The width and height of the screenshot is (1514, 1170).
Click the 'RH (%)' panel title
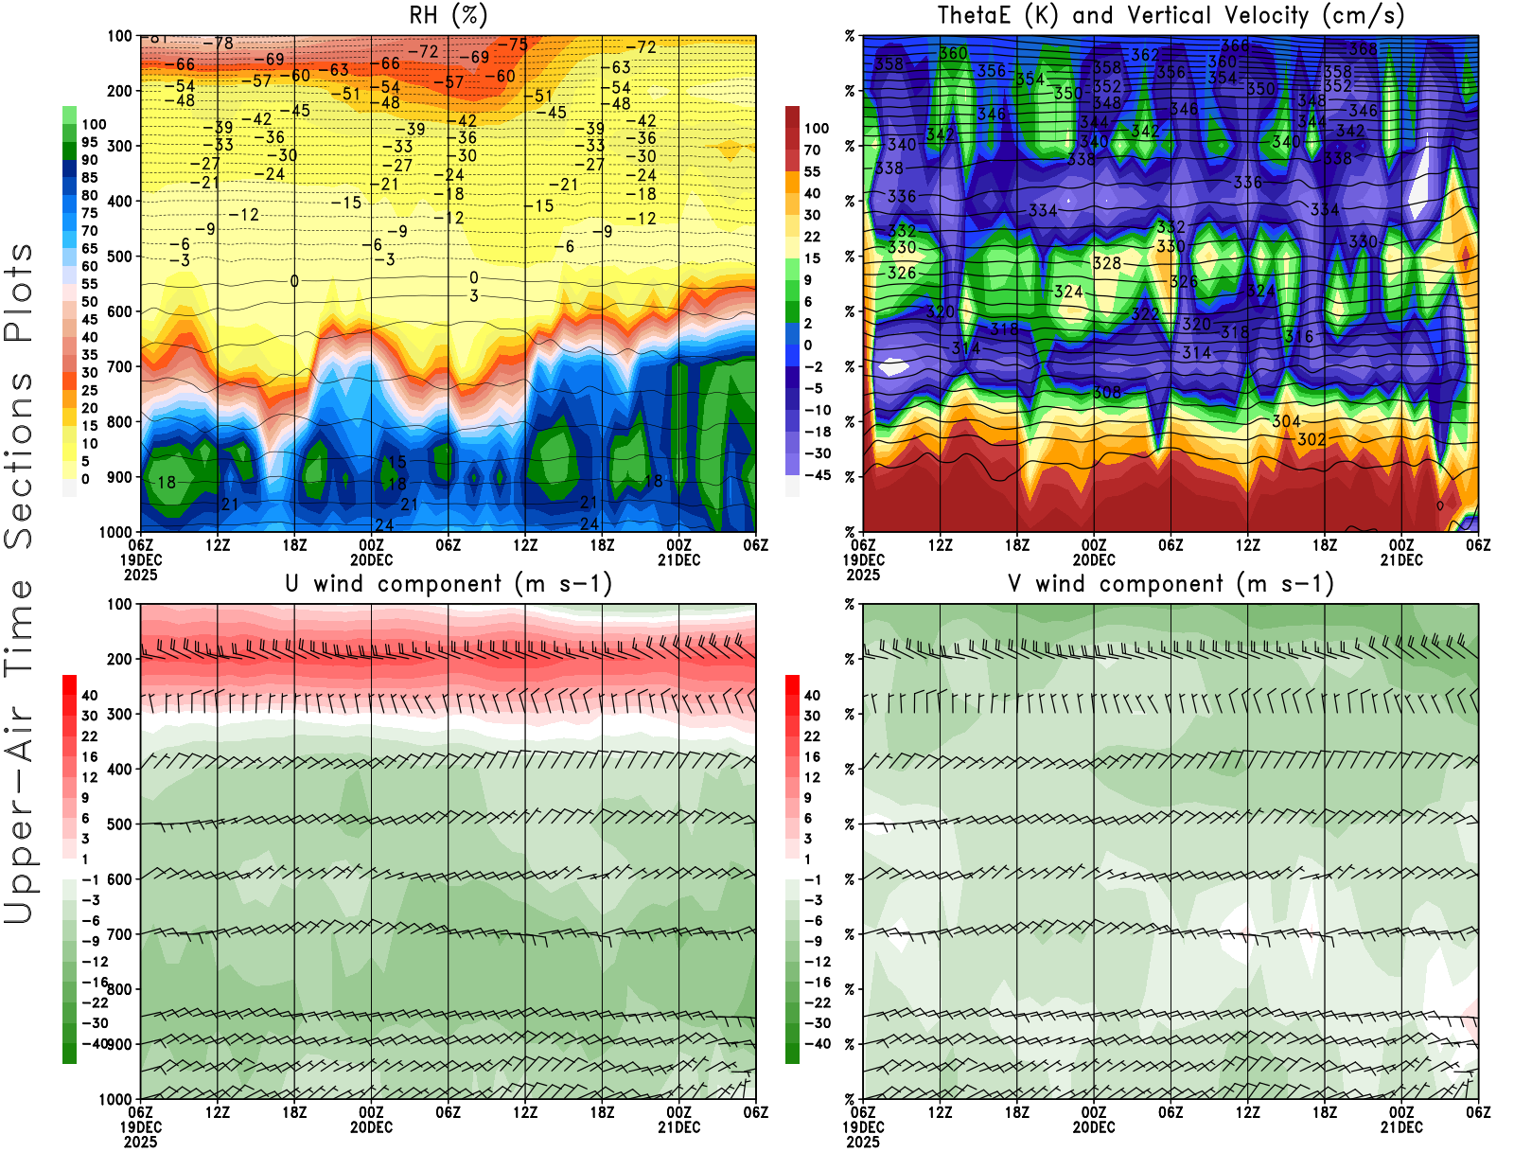click(449, 15)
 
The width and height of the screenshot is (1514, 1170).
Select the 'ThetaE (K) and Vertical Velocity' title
click(1171, 15)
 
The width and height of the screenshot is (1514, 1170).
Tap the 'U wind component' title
click(449, 583)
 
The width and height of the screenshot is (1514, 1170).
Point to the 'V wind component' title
click(1171, 583)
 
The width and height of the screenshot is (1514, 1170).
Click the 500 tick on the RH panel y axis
click(120, 257)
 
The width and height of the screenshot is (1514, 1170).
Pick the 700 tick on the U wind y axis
click(120, 934)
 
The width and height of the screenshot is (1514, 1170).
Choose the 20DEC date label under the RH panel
click(372, 559)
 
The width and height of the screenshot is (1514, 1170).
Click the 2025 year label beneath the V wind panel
click(863, 1142)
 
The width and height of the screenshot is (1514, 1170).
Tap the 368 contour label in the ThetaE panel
click(1364, 49)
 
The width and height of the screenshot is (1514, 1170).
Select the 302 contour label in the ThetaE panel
click(1312, 439)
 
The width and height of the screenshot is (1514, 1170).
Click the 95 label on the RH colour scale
click(90, 142)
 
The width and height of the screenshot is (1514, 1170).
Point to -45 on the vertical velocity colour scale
click(817, 475)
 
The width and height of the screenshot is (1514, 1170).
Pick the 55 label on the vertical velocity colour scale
click(812, 171)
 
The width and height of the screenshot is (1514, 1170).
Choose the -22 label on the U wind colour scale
click(95, 1002)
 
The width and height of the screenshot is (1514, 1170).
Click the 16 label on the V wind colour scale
click(812, 756)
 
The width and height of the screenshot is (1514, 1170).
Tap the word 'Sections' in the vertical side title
click(19, 460)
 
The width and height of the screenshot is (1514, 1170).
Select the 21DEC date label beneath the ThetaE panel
click(1401, 559)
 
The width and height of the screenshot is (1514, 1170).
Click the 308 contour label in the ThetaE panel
click(1107, 392)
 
